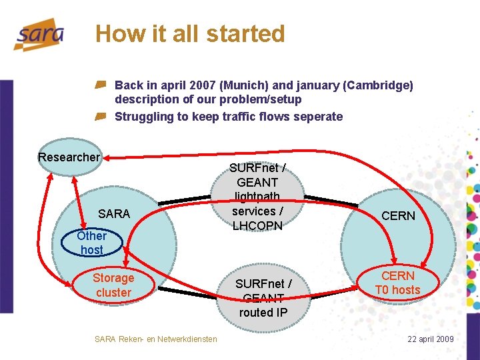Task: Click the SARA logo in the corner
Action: click(x=39, y=35)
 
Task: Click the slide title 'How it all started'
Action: click(x=190, y=33)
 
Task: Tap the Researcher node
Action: click(x=69, y=157)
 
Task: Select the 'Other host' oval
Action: click(x=91, y=243)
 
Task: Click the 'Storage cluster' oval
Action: click(x=113, y=285)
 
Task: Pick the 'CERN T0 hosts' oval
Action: click(x=397, y=283)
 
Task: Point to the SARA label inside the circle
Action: click(x=114, y=213)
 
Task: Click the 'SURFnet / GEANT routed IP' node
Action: click(x=263, y=297)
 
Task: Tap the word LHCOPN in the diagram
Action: click(x=258, y=225)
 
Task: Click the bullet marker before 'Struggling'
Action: click(x=100, y=117)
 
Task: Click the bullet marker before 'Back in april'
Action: click(x=100, y=85)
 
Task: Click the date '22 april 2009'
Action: click(x=431, y=339)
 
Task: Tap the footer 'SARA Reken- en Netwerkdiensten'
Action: click(x=156, y=339)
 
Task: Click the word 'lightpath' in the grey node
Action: click(x=257, y=197)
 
